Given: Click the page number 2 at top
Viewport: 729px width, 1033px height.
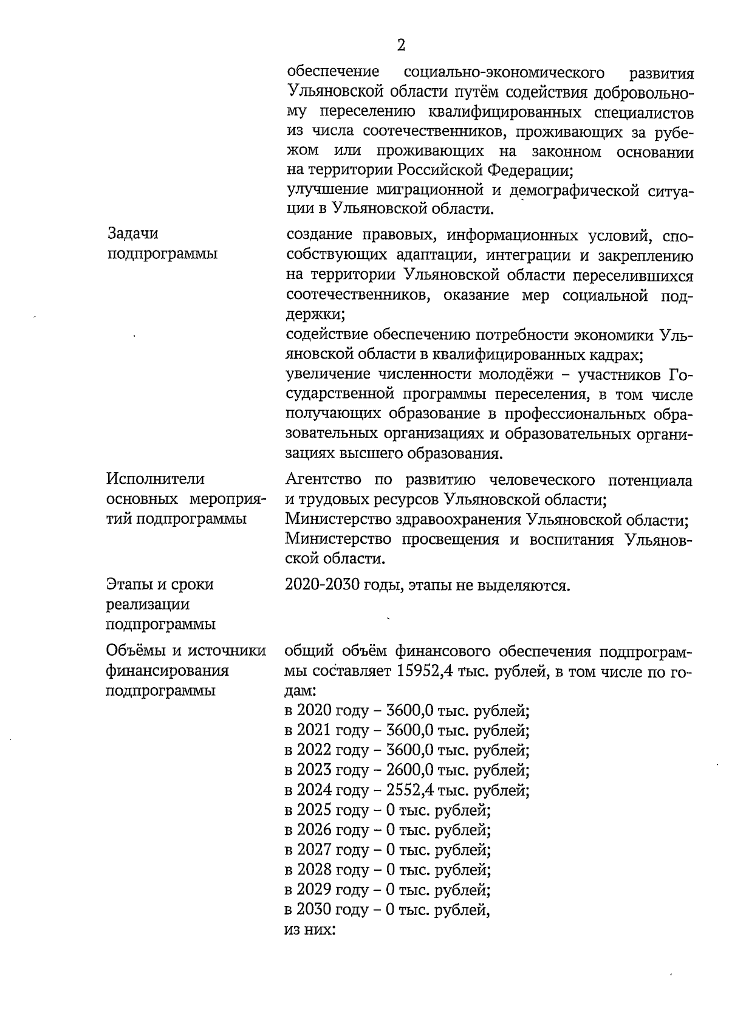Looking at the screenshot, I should [400, 46].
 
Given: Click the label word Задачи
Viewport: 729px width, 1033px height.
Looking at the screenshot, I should [132, 234].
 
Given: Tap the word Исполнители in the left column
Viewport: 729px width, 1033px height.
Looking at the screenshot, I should [156, 479].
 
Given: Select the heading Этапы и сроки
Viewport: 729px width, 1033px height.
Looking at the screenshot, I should [160, 585].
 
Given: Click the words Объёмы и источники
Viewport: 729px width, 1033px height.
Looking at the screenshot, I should [186, 651].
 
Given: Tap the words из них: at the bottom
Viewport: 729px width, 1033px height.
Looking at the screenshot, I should [309, 930].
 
